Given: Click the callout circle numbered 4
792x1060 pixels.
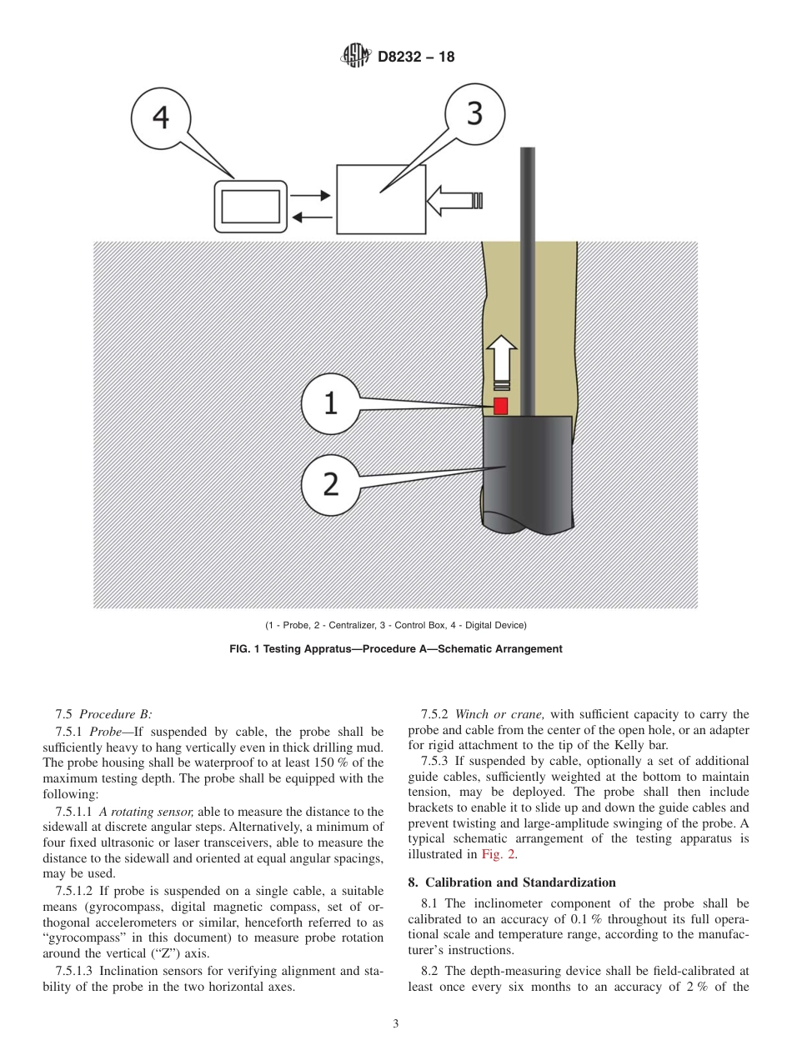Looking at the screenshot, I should coord(162,118).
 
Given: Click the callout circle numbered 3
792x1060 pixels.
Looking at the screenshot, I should coord(474,115).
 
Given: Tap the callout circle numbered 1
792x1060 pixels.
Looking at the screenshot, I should coord(331,404).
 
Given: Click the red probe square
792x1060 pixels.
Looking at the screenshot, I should coord(501,406).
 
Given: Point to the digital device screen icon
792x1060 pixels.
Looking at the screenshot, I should coord(250,207).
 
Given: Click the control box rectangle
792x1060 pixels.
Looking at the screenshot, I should coord(381,199).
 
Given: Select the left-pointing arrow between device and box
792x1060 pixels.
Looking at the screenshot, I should coord(310,217).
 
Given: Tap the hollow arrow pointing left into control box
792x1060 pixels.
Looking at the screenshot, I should coord(454,200).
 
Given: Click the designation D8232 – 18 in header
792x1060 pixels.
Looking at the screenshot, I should coord(415,57).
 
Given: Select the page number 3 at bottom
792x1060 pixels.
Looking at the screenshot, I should coord(396,1024).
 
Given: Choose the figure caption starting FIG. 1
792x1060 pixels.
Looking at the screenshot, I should coord(395,648).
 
